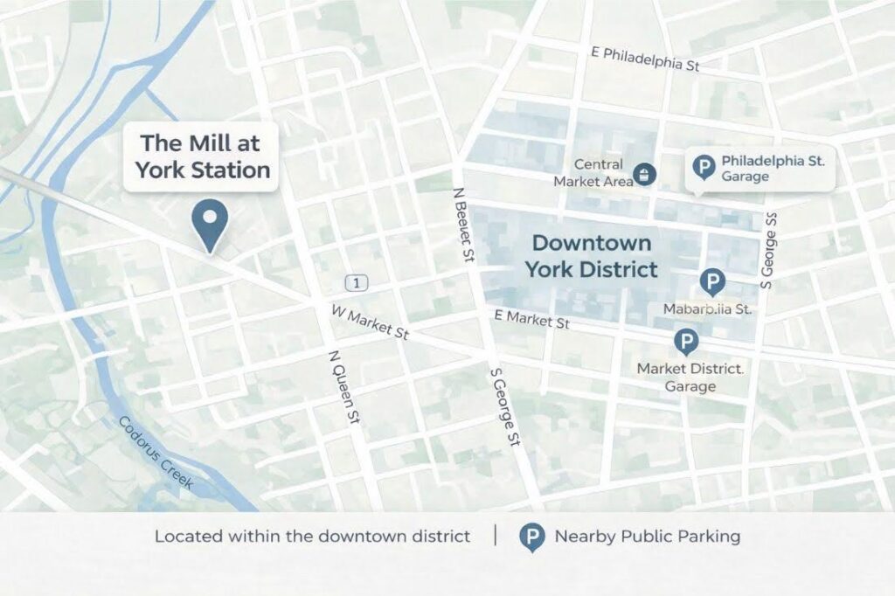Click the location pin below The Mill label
pyautogui.click(x=210, y=222)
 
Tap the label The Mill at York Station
pyautogui.click(x=201, y=156)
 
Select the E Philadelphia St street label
pyautogui.click(x=645, y=59)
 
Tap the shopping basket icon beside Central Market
pyautogui.click(x=644, y=173)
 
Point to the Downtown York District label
pyautogui.click(x=592, y=256)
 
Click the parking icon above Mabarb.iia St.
pyautogui.click(x=712, y=281)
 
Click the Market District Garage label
pyautogui.click(x=690, y=377)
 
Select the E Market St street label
pyautogui.click(x=531, y=319)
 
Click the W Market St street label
pyautogui.click(x=370, y=322)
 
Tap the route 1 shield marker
pyautogui.click(x=356, y=282)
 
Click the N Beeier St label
pyautogui.click(x=463, y=225)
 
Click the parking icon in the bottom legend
pyautogui.click(x=531, y=537)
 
